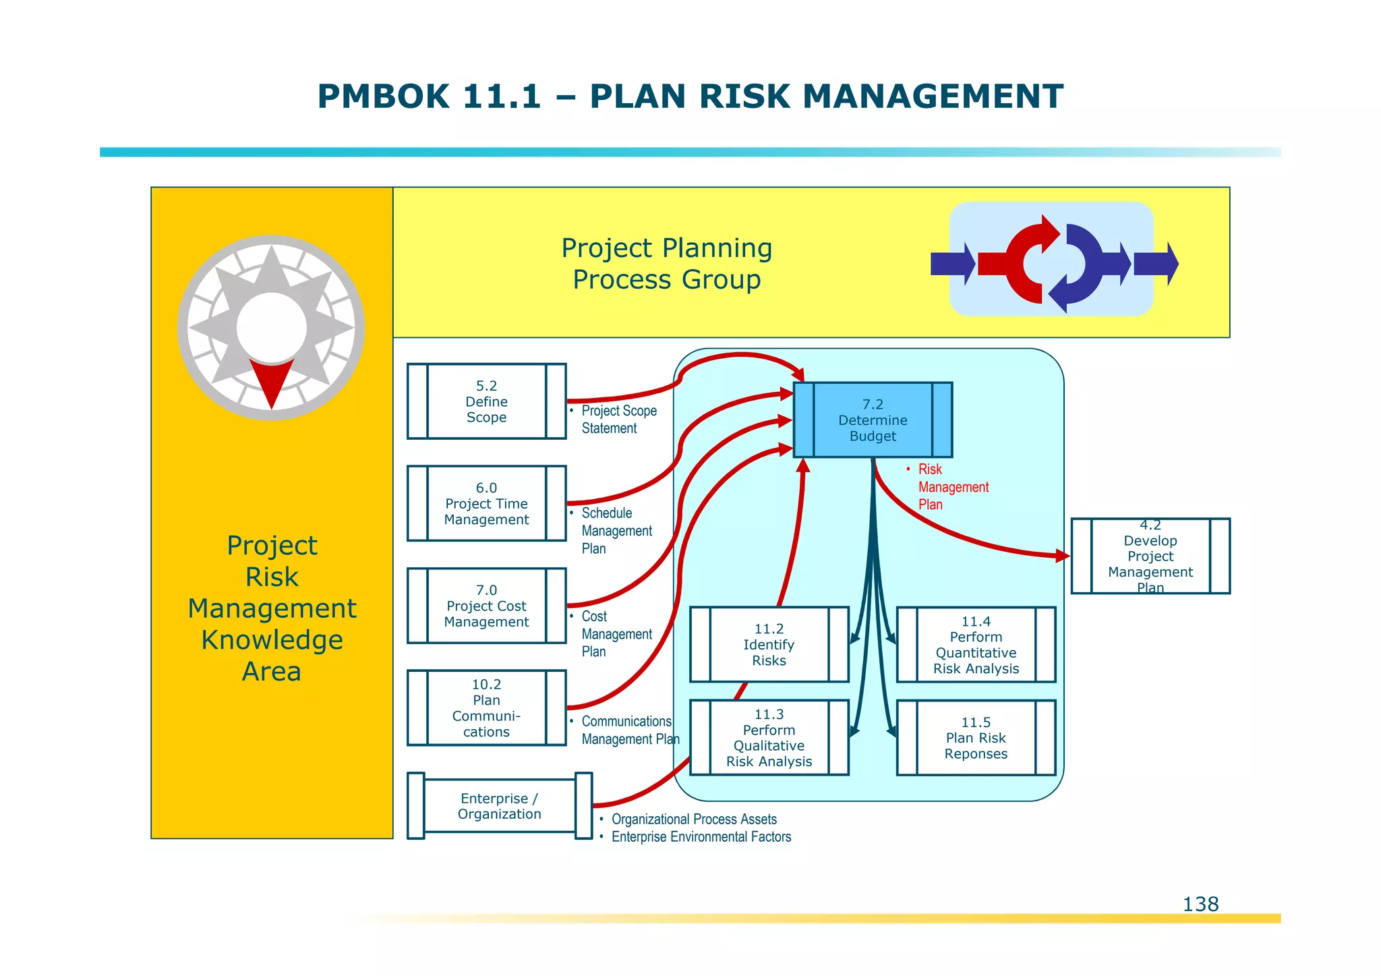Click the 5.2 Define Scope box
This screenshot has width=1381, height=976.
(486, 401)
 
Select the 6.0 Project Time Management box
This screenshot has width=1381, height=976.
(486, 503)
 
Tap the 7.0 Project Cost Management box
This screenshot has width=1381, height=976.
(486, 606)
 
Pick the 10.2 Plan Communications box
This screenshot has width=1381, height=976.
(486, 708)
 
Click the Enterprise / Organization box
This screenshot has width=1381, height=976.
(499, 806)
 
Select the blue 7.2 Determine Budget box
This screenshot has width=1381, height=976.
(873, 420)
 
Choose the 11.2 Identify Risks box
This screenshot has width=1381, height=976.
(769, 645)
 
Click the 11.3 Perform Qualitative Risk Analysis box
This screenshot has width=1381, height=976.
(769, 738)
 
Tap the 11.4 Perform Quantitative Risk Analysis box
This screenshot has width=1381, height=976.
(976, 645)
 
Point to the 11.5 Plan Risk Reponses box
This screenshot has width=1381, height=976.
(976, 738)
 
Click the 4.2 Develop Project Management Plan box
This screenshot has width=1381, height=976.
(1150, 556)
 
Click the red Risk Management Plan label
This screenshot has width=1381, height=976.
(952, 487)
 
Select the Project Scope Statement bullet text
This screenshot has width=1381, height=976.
(618, 420)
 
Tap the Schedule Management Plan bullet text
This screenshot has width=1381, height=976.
(616, 531)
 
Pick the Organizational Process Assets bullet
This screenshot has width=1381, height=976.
(693, 819)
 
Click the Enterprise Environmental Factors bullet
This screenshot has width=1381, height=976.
(701, 837)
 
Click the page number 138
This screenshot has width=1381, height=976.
(1200, 904)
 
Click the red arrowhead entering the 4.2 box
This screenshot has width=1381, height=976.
(1063, 556)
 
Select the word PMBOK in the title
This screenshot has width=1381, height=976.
(382, 96)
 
